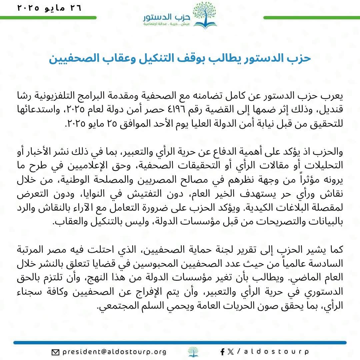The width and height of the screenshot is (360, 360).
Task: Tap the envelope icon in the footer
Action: [55, 352]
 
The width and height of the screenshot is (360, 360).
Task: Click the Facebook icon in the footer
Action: [223, 352]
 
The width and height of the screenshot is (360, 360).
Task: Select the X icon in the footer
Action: [230, 352]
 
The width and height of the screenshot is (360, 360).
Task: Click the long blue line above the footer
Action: [180, 342]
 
